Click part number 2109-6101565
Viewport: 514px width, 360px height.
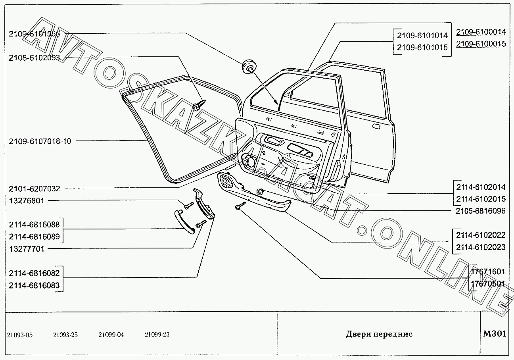tap(34, 34)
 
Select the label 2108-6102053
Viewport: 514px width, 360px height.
tap(34, 58)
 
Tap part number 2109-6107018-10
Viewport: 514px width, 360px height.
tap(40, 141)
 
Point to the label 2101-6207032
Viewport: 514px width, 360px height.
tap(34, 189)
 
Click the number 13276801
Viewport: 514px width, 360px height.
tap(26, 201)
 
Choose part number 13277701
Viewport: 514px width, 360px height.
tap(26, 249)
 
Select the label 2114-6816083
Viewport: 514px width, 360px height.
tap(34, 285)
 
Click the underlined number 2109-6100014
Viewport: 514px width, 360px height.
tap(481, 32)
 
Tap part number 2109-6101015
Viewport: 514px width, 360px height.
tap(422, 47)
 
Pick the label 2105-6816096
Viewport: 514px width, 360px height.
tap(481, 211)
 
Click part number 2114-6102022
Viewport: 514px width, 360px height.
tap(481, 235)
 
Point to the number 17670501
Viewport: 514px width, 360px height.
tap(488, 284)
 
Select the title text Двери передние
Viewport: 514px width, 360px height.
tap(379, 334)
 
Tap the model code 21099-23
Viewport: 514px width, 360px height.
tap(157, 335)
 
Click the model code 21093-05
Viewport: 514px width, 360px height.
tap(20, 335)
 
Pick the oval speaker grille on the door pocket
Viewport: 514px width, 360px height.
tap(227, 181)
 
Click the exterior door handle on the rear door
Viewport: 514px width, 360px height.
tap(376, 127)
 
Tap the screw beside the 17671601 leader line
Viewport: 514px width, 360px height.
tap(241, 205)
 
